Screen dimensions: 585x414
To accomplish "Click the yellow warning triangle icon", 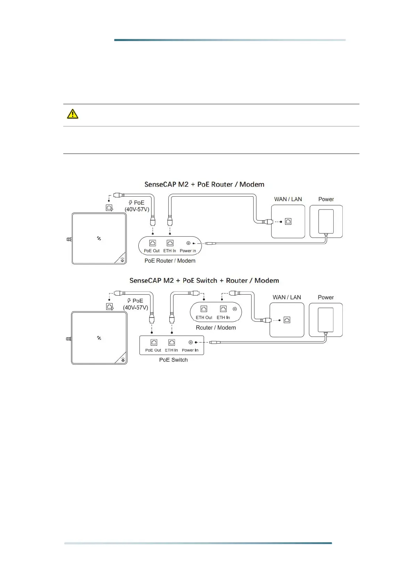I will (72, 114).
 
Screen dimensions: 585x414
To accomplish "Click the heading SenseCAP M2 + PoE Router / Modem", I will (204, 184).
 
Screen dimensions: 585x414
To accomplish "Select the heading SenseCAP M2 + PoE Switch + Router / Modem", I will (204, 281).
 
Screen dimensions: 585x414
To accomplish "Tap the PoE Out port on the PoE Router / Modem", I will (152, 243).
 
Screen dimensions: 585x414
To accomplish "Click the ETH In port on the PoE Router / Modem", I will (170, 243).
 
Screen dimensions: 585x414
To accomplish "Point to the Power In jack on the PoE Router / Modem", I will (188, 243).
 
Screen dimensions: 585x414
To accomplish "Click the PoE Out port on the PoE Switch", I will (154, 343).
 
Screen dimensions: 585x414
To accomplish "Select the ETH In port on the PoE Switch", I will (171, 343).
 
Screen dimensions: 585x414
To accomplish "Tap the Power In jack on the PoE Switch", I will (190, 343).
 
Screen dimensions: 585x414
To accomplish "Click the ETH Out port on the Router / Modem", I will (204, 309).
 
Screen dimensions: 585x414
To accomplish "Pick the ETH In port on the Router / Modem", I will (223, 309).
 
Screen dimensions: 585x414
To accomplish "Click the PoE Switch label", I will (173, 360).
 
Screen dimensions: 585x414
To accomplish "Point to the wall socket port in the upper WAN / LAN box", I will (288, 221).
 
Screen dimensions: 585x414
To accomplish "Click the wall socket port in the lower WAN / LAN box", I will (287, 320).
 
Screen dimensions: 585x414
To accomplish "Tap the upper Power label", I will (326, 199).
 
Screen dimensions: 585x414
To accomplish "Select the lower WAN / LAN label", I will (287, 297).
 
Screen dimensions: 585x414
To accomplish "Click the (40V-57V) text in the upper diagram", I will (137, 209).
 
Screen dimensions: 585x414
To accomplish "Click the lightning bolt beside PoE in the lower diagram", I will (129, 301).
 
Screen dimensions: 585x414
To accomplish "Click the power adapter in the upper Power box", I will (326, 221).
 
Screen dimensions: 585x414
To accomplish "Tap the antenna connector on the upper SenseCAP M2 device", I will (69, 239).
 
